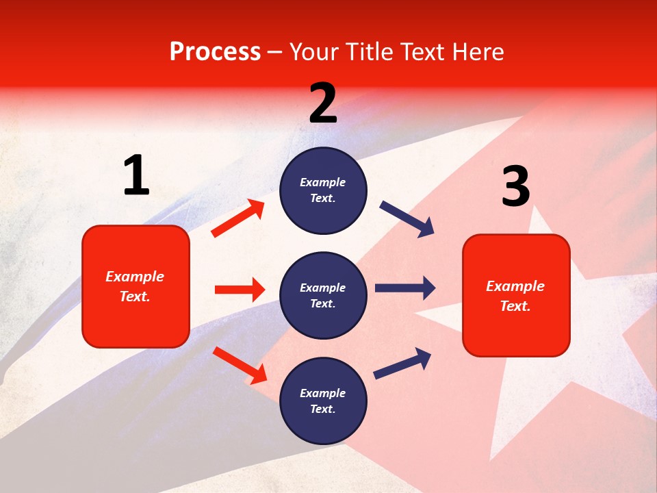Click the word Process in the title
click(215, 52)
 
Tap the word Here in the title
click(476, 52)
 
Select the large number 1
click(136, 176)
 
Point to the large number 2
click(323, 103)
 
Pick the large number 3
click(515, 187)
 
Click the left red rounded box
click(136, 286)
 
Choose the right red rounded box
click(516, 295)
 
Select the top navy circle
click(323, 190)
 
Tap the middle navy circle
click(323, 295)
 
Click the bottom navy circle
click(323, 401)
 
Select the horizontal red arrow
click(240, 290)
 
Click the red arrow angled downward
click(240, 365)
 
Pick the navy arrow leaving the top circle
click(407, 219)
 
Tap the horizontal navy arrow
click(405, 288)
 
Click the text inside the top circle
click(323, 190)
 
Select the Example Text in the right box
click(515, 296)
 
